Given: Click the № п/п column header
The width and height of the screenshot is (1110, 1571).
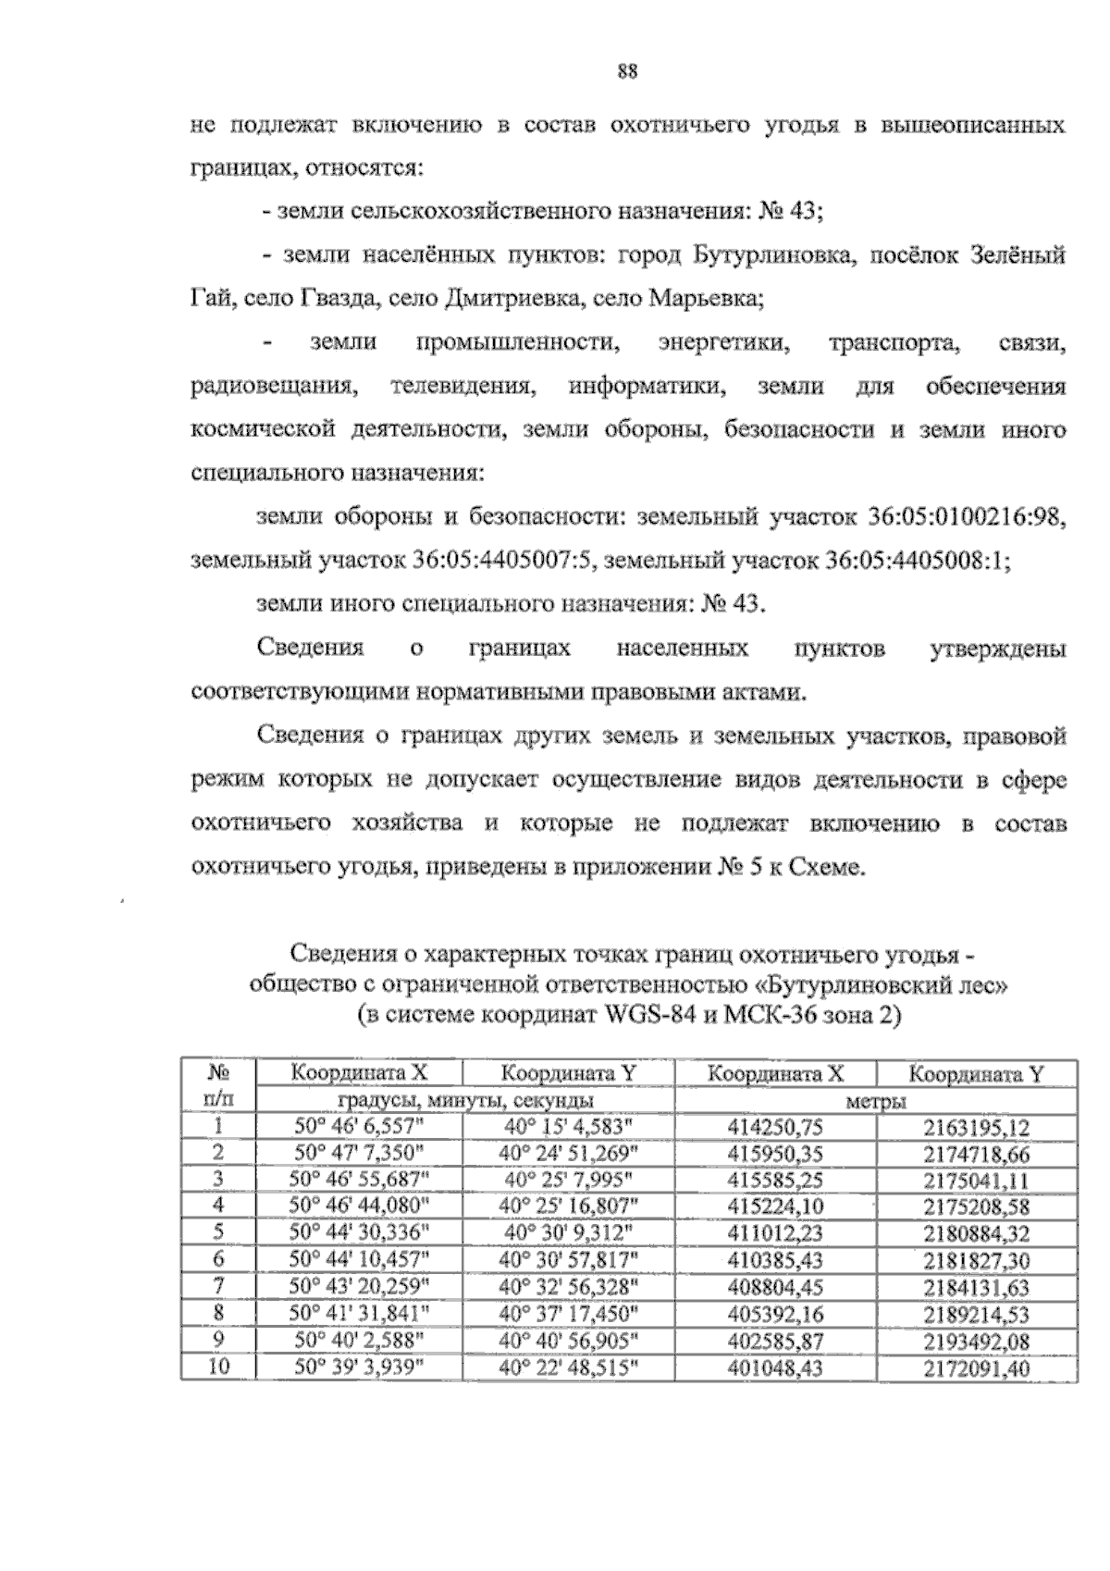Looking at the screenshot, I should point(217,1086).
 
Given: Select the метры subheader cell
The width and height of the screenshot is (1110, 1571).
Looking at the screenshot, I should point(875,1101).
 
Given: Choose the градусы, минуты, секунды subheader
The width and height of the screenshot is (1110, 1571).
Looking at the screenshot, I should point(465,1101).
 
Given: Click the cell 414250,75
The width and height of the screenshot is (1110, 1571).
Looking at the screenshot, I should point(775,1128).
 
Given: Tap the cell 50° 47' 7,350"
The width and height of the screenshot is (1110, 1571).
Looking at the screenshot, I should point(359,1154).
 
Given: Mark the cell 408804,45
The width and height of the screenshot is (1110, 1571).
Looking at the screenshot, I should point(775,1287).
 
